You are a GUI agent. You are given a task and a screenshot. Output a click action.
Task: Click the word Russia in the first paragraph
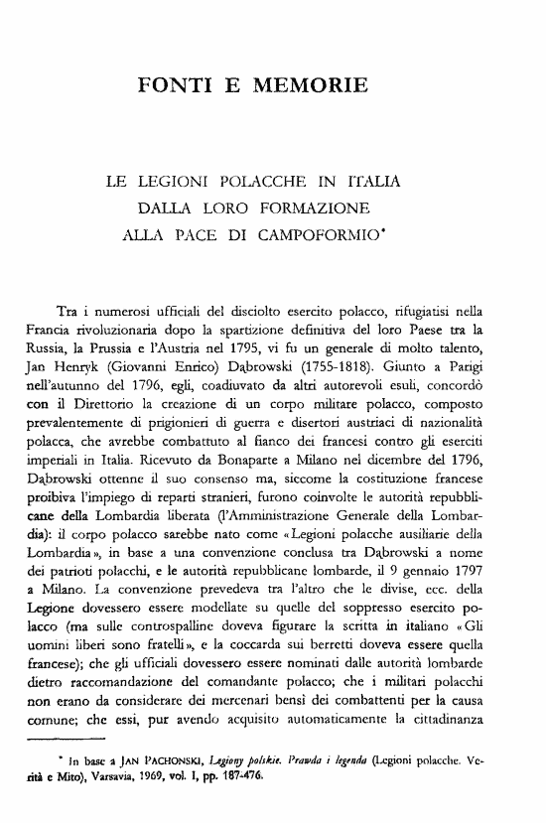click(x=44, y=348)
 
